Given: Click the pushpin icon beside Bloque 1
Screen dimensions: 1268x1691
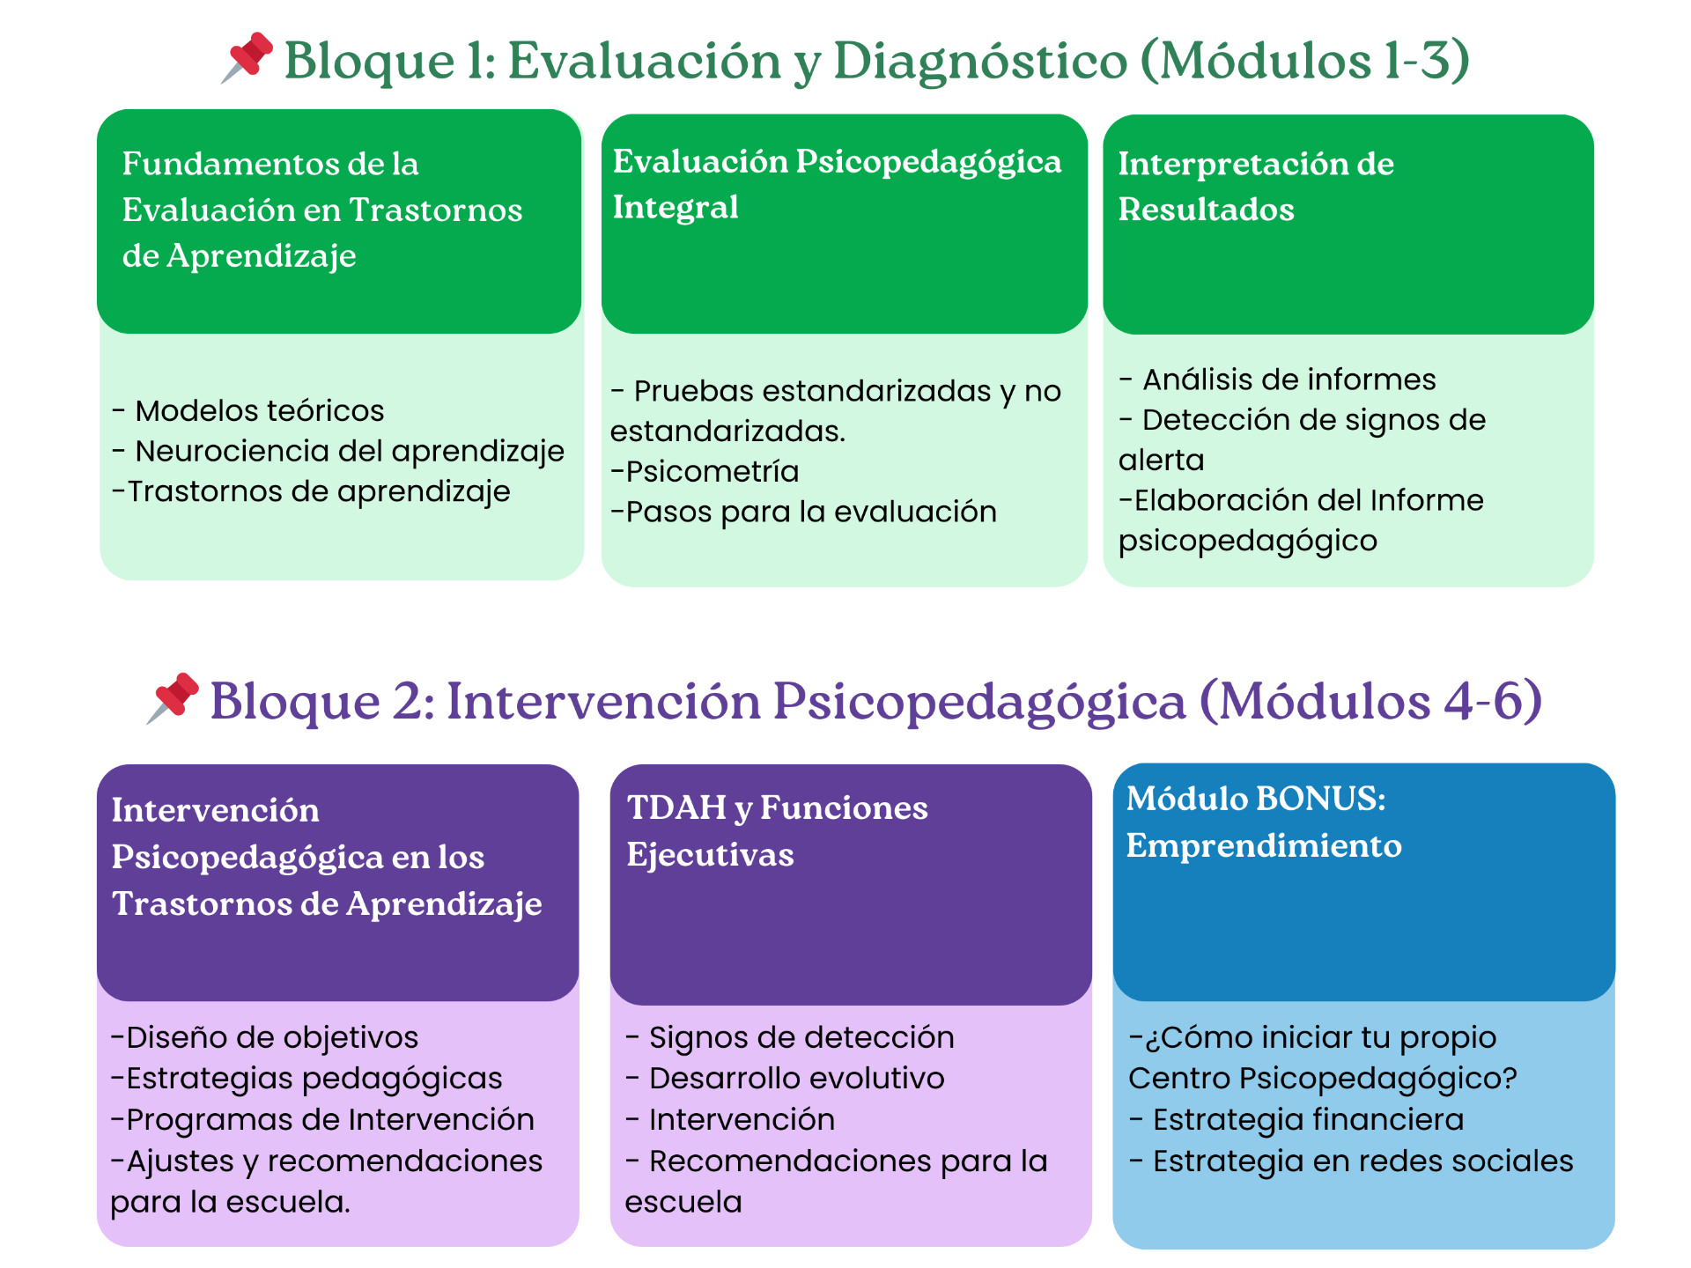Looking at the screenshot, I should point(247,57).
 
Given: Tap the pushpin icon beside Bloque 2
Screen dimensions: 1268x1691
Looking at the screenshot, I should point(173,698).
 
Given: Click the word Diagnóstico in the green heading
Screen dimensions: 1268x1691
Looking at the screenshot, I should point(979,62).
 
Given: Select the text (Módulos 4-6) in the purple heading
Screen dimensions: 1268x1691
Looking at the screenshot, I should point(1370,702).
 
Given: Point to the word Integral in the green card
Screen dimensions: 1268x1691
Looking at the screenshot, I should point(676,208).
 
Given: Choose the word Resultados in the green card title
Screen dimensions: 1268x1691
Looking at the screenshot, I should point(1206,210).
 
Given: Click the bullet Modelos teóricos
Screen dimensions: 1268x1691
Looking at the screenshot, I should point(259,411).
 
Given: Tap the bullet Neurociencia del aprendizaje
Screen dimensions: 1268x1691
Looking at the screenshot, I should point(349,451).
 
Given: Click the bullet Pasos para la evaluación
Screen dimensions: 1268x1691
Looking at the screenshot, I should point(810,512).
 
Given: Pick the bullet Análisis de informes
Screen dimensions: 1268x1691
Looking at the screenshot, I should point(1289,380).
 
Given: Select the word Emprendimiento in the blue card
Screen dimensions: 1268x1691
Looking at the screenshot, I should point(1264,846).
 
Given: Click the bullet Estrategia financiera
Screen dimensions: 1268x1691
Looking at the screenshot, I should point(1308,1120).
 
